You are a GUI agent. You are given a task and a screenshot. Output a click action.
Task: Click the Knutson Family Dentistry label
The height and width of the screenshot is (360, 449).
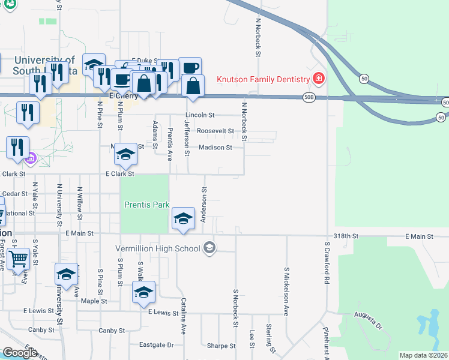pyautogui.click(x=263, y=79)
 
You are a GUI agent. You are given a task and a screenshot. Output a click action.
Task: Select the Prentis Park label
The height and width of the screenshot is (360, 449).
pyautogui.click(x=146, y=205)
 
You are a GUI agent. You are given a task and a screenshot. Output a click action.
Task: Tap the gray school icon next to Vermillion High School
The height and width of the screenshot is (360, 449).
pyautogui.click(x=209, y=248)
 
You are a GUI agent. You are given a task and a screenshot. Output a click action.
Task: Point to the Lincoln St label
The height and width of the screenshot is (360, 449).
pyautogui.click(x=200, y=115)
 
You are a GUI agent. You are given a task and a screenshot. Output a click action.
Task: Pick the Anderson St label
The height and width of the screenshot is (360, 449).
pyautogui.click(x=204, y=205)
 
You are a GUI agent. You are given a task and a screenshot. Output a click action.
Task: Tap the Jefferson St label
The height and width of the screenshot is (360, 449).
pyautogui.click(x=187, y=137)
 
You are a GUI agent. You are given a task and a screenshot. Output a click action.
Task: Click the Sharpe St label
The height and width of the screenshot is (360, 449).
pyautogui.click(x=221, y=346)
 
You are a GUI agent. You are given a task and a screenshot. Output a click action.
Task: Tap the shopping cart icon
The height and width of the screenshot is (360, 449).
pyautogui.click(x=19, y=259)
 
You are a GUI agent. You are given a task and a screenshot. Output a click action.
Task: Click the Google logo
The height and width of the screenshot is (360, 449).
pyautogui.click(x=20, y=353)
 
